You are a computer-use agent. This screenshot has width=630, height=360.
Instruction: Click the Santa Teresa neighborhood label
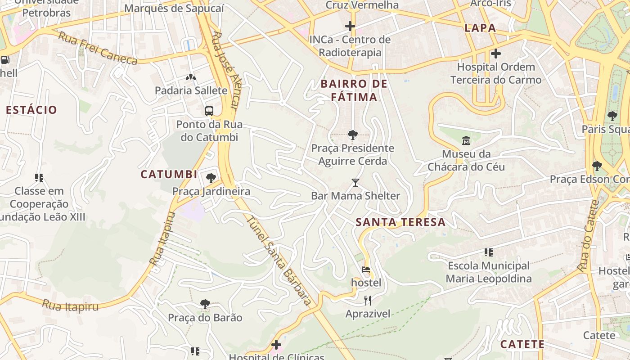click(x=400, y=222)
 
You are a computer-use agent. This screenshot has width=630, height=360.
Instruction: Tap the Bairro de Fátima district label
click(x=354, y=90)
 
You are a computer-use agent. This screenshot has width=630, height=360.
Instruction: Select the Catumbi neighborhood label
click(x=169, y=174)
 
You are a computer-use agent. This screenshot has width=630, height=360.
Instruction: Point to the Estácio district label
click(x=31, y=110)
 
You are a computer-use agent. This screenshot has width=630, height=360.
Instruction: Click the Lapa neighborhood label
click(x=480, y=28)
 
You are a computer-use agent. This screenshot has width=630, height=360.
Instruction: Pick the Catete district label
click(x=522, y=344)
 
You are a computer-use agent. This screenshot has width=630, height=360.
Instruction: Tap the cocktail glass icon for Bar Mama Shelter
click(x=355, y=183)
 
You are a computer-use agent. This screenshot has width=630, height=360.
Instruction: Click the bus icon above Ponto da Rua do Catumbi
click(x=209, y=111)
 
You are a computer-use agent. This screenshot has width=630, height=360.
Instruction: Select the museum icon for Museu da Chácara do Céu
click(x=466, y=141)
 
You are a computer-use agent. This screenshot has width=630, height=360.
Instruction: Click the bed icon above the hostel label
click(x=366, y=270)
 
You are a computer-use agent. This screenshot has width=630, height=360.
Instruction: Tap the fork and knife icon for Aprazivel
click(x=368, y=301)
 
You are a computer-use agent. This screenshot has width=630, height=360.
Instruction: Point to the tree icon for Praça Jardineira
click(x=211, y=178)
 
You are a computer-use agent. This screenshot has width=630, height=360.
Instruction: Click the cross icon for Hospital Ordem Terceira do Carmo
click(x=496, y=54)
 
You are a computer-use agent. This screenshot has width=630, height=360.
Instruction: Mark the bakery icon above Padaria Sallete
click(x=191, y=77)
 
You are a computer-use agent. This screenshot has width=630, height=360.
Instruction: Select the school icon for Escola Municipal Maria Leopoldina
click(x=489, y=252)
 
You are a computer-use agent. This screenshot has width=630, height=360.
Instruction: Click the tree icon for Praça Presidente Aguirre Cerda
click(x=353, y=135)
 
